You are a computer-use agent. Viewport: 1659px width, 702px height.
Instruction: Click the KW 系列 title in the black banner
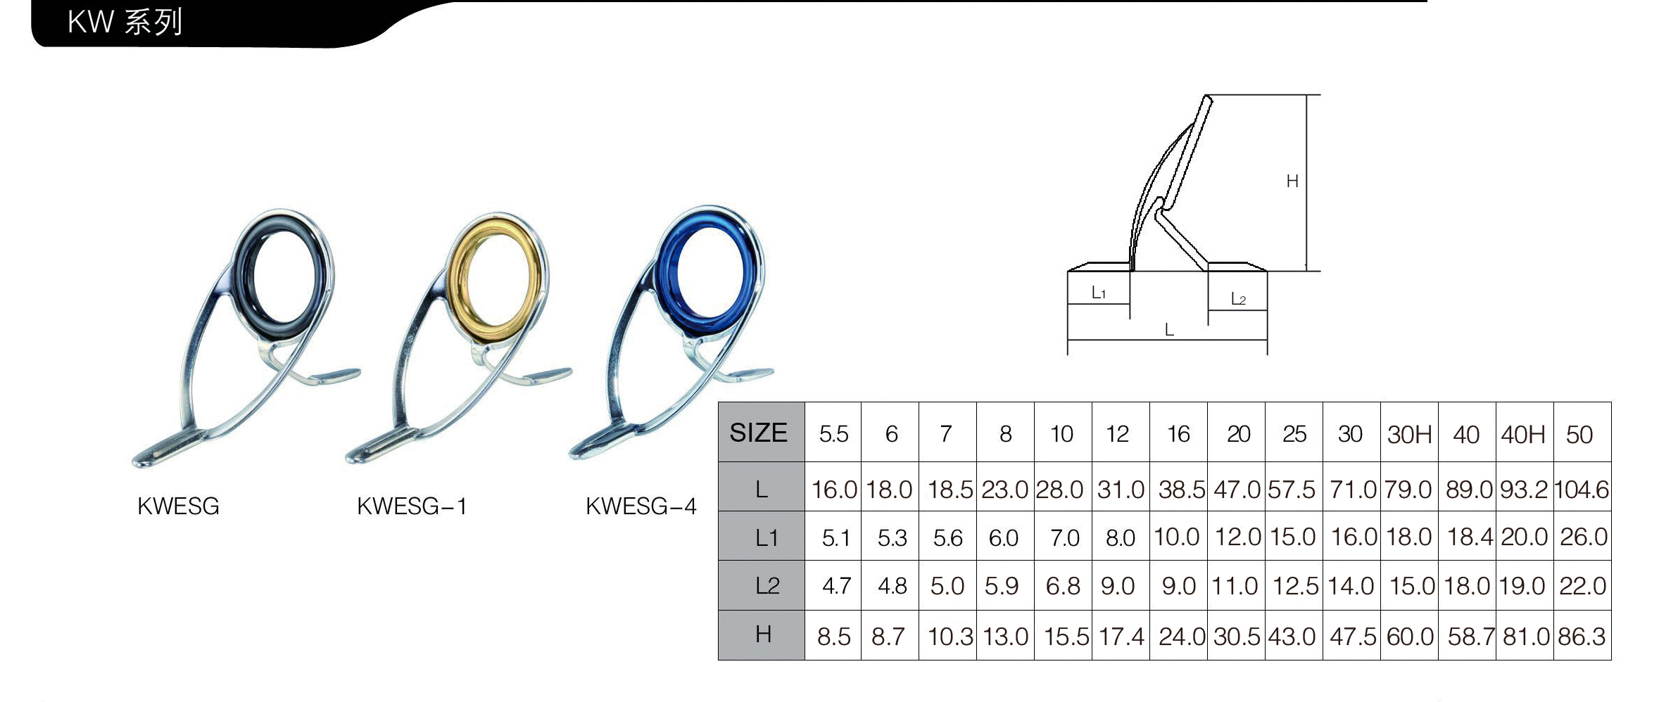[125, 22]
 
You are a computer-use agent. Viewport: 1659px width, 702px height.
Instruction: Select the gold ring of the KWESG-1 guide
[496, 279]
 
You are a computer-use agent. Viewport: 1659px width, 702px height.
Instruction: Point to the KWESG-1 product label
[412, 506]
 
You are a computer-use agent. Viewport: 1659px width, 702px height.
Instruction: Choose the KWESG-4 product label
[641, 506]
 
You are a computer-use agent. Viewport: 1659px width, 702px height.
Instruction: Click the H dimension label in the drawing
[1292, 181]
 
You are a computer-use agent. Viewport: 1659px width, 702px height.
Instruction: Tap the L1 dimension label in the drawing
[1099, 293]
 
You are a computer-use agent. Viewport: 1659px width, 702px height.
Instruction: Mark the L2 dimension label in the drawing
[1238, 299]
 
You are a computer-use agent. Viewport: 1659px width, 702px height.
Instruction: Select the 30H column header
[1409, 435]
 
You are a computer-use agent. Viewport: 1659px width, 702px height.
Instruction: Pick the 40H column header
[1523, 435]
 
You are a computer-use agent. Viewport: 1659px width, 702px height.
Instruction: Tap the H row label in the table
[763, 634]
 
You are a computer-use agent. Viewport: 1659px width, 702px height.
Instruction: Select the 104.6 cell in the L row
[1582, 489]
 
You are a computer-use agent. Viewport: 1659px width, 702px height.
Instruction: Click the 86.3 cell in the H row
[1582, 637]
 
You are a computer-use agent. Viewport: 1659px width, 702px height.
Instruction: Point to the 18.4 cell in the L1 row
[1470, 537]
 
